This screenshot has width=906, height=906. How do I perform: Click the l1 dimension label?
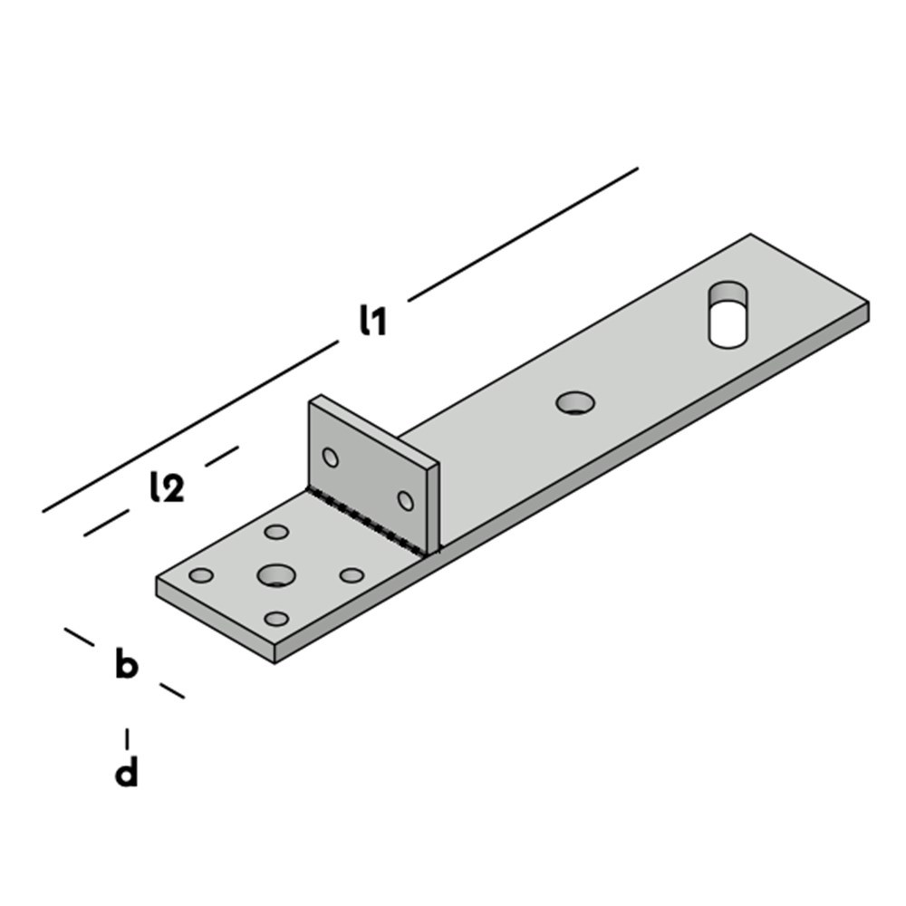pos(372,322)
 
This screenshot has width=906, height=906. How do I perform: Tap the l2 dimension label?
pos(167,488)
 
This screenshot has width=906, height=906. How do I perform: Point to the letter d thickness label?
pos(127,774)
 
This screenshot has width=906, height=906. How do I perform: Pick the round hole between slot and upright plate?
pos(574,402)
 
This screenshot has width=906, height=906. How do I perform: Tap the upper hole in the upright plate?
pos(331,458)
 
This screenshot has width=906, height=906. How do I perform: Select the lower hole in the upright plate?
pos(405,501)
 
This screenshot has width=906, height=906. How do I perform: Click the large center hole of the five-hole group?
pos(276,574)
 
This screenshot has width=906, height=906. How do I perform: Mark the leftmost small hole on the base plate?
pos(201,575)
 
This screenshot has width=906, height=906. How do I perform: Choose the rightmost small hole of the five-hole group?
pos(352,575)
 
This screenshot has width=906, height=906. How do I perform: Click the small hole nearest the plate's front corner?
pos(275,619)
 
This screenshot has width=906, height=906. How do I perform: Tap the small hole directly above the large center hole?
pos(276,532)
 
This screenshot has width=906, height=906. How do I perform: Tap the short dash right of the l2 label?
pos(222,456)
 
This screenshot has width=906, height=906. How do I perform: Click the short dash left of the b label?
pos(79,637)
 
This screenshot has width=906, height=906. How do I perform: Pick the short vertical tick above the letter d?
pos(127,738)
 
